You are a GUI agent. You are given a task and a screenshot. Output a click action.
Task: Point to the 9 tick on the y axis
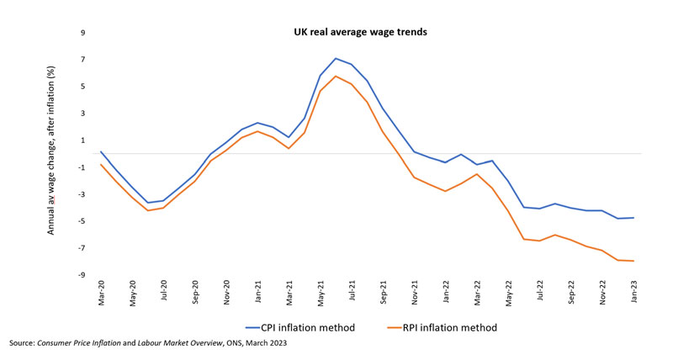click(83, 34)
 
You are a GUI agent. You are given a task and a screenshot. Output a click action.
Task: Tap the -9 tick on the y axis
click(82, 275)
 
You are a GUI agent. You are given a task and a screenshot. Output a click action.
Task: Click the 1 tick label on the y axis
click(83, 140)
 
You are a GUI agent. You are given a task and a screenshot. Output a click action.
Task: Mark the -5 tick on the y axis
click(82, 221)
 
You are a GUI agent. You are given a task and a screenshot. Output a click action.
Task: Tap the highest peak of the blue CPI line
click(336, 59)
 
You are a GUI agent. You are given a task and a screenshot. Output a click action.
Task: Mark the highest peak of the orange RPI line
click(336, 77)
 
